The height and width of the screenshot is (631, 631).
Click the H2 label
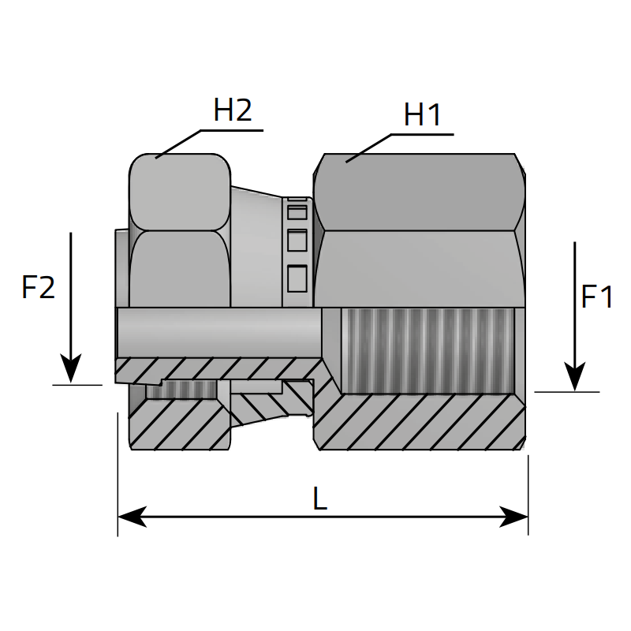pos(232,110)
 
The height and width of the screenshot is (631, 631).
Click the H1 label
pos(422,115)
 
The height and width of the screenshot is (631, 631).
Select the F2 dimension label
pos(38,288)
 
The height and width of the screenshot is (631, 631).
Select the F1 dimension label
pos(597,297)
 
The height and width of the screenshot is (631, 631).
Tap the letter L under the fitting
pos(319,498)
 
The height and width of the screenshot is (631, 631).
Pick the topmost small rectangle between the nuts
pos(297,211)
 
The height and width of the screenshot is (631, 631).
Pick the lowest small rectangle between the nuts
pos(297,278)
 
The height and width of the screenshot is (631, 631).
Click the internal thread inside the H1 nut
pos(426,351)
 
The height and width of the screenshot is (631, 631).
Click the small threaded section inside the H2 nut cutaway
pos(181,390)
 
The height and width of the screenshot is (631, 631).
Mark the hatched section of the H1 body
pos(418,422)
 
